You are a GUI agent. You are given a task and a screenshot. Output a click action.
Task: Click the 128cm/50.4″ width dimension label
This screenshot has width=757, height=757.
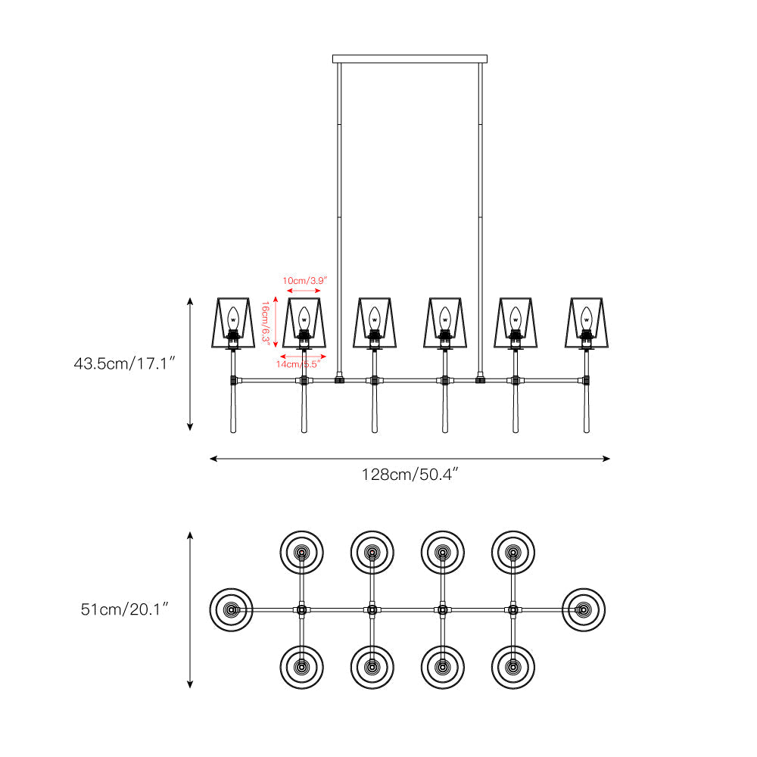(x=410, y=475)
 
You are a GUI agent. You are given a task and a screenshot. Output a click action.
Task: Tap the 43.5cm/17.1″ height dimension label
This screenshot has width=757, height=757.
(x=124, y=363)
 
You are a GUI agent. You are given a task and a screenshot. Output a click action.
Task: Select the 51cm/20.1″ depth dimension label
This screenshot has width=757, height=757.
(x=125, y=609)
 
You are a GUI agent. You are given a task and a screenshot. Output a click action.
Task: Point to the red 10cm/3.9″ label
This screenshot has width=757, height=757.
(x=304, y=281)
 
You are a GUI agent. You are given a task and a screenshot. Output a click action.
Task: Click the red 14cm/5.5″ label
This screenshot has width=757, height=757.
(x=298, y=364)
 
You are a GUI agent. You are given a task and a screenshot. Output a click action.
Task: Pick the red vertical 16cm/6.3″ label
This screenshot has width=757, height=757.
(x=265, y=322)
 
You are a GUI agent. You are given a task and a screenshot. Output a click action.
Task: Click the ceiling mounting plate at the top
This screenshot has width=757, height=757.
(x=410, y=59)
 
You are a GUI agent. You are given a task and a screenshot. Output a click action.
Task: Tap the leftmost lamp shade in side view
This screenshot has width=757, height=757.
(x=233, y=322)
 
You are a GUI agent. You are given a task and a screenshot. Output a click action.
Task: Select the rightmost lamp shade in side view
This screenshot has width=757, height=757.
(x=587, y=322)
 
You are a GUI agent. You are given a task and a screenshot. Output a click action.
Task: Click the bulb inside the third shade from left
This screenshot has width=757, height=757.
(x=375, y=318)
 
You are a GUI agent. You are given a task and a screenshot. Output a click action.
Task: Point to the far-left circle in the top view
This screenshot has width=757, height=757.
(x=231, y=609)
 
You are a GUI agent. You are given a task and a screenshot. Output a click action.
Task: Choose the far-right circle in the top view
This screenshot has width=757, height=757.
(x=584, y=609)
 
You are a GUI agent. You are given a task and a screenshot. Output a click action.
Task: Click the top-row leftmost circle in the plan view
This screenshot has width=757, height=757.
(x=302, y=553)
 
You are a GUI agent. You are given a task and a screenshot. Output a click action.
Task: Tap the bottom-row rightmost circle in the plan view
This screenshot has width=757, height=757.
(x=513, y=667)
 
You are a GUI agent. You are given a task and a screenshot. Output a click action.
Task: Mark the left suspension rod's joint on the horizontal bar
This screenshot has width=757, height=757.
(x=339, y=380)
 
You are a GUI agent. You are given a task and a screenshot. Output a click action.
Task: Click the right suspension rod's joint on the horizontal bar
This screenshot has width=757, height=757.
(x=481, y=380)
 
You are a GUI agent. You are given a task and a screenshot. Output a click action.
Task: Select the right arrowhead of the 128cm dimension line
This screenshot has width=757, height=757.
(x=606, y=459)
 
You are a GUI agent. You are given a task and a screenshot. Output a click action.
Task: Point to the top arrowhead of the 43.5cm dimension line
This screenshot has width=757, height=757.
(x=190, y=301)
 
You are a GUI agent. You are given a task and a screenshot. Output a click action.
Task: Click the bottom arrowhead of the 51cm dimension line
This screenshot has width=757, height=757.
(x=190, y=684)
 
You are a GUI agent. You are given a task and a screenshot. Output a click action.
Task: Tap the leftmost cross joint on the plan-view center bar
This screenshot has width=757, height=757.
(x=302, y=609)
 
